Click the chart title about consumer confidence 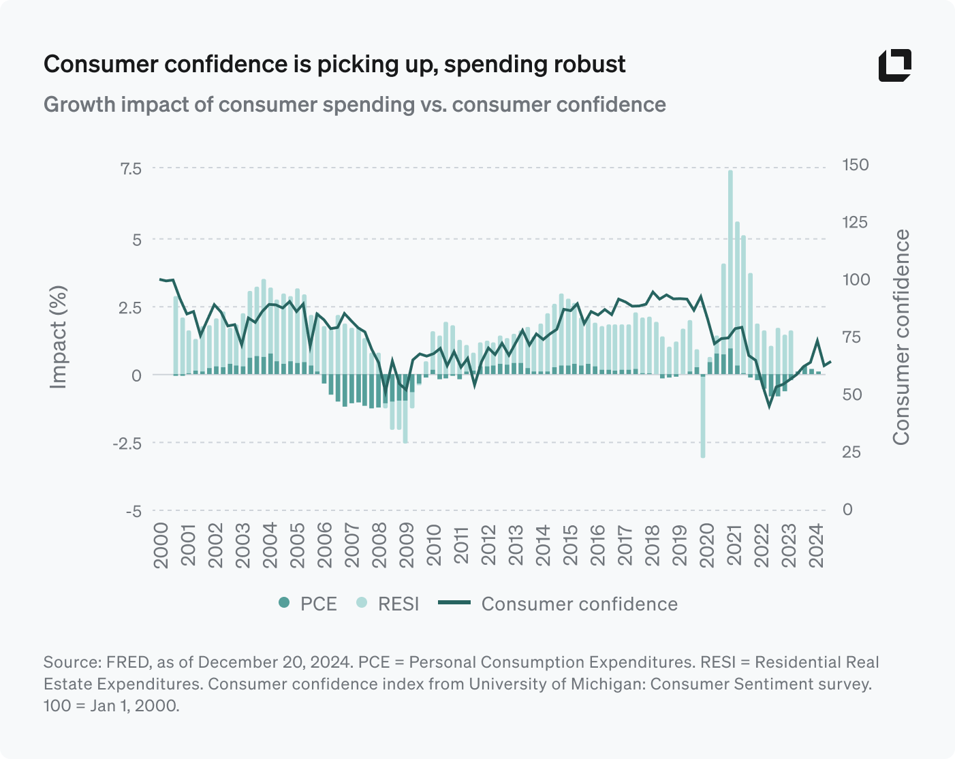click(334, 64)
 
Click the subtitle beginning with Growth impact click(354, 104)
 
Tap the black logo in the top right click(894, 65)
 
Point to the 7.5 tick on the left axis click(131, 168)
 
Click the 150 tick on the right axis click(855, 165)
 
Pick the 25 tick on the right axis click(851, 452)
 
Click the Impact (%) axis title click(59, 337)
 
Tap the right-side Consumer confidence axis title click(901, 337)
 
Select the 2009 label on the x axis click(407, 545)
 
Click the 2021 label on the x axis click(734, 545)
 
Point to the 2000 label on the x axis click(161, 545)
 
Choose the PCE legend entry click(308, 604)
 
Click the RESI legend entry click(388, 604)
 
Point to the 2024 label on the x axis click(816, 545)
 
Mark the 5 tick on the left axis click(137, 239)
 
